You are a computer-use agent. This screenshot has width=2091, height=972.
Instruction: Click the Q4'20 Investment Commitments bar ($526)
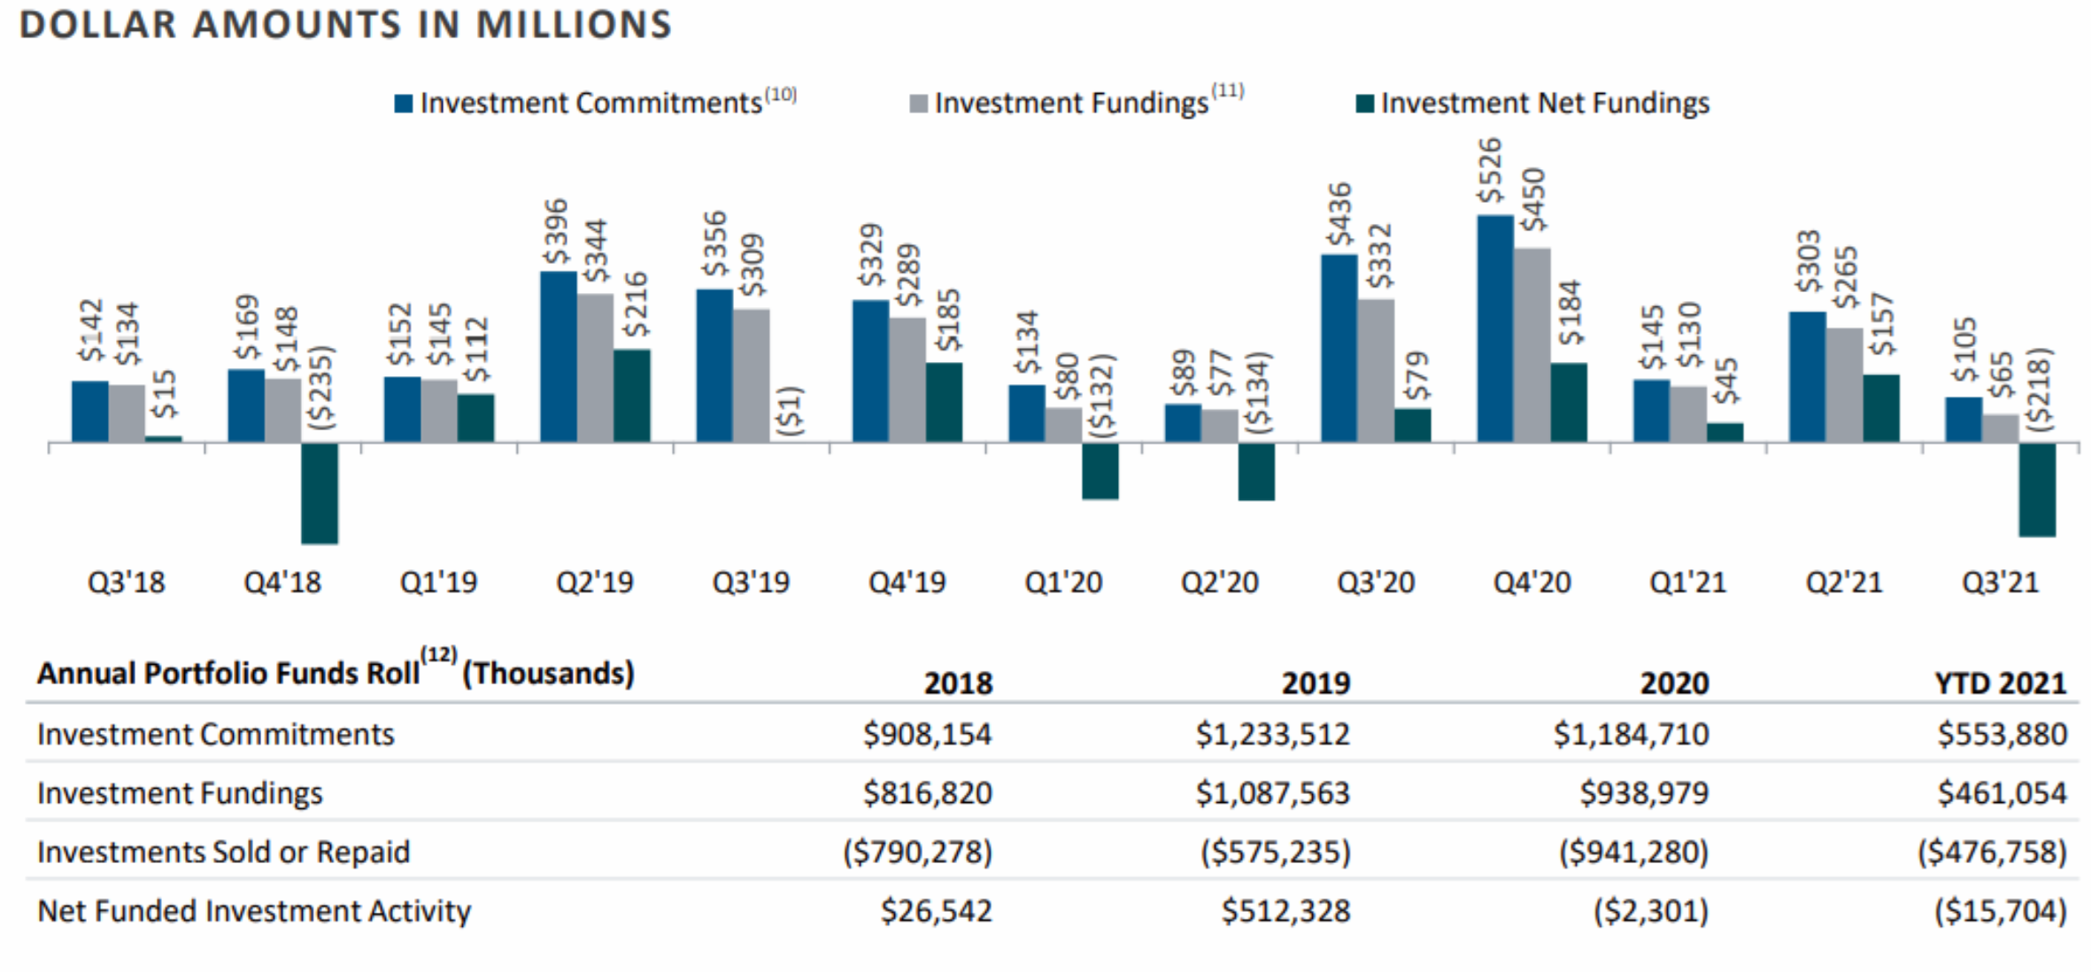point(1495,328)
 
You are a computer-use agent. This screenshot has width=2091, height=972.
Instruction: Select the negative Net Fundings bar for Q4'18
point(320,493)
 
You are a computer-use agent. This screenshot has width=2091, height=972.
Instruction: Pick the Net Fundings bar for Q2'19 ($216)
point(632,396)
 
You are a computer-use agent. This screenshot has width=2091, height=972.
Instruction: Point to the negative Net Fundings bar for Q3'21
point(2037,490)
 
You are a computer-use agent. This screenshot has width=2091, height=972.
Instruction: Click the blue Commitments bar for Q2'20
point(1183,423)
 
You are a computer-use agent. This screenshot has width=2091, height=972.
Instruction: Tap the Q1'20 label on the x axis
point(1063,582)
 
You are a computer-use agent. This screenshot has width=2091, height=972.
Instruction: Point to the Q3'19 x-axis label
point(751,582)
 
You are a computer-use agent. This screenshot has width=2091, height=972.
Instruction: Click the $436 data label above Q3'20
point(1340,214)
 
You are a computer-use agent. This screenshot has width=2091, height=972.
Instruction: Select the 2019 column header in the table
point(1316,683)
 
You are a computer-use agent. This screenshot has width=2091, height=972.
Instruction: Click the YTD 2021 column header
point(2000,683)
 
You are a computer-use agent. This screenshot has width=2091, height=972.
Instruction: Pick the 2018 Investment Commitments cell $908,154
point(927,735)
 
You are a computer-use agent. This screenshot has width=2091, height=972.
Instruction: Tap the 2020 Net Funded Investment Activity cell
point(1651,911)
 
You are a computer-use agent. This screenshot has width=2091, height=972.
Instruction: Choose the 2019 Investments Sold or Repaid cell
point(1276,852)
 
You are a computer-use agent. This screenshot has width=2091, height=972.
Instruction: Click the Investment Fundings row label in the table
point(180,793)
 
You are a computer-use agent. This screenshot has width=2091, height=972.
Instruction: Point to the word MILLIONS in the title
point(574,24)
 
